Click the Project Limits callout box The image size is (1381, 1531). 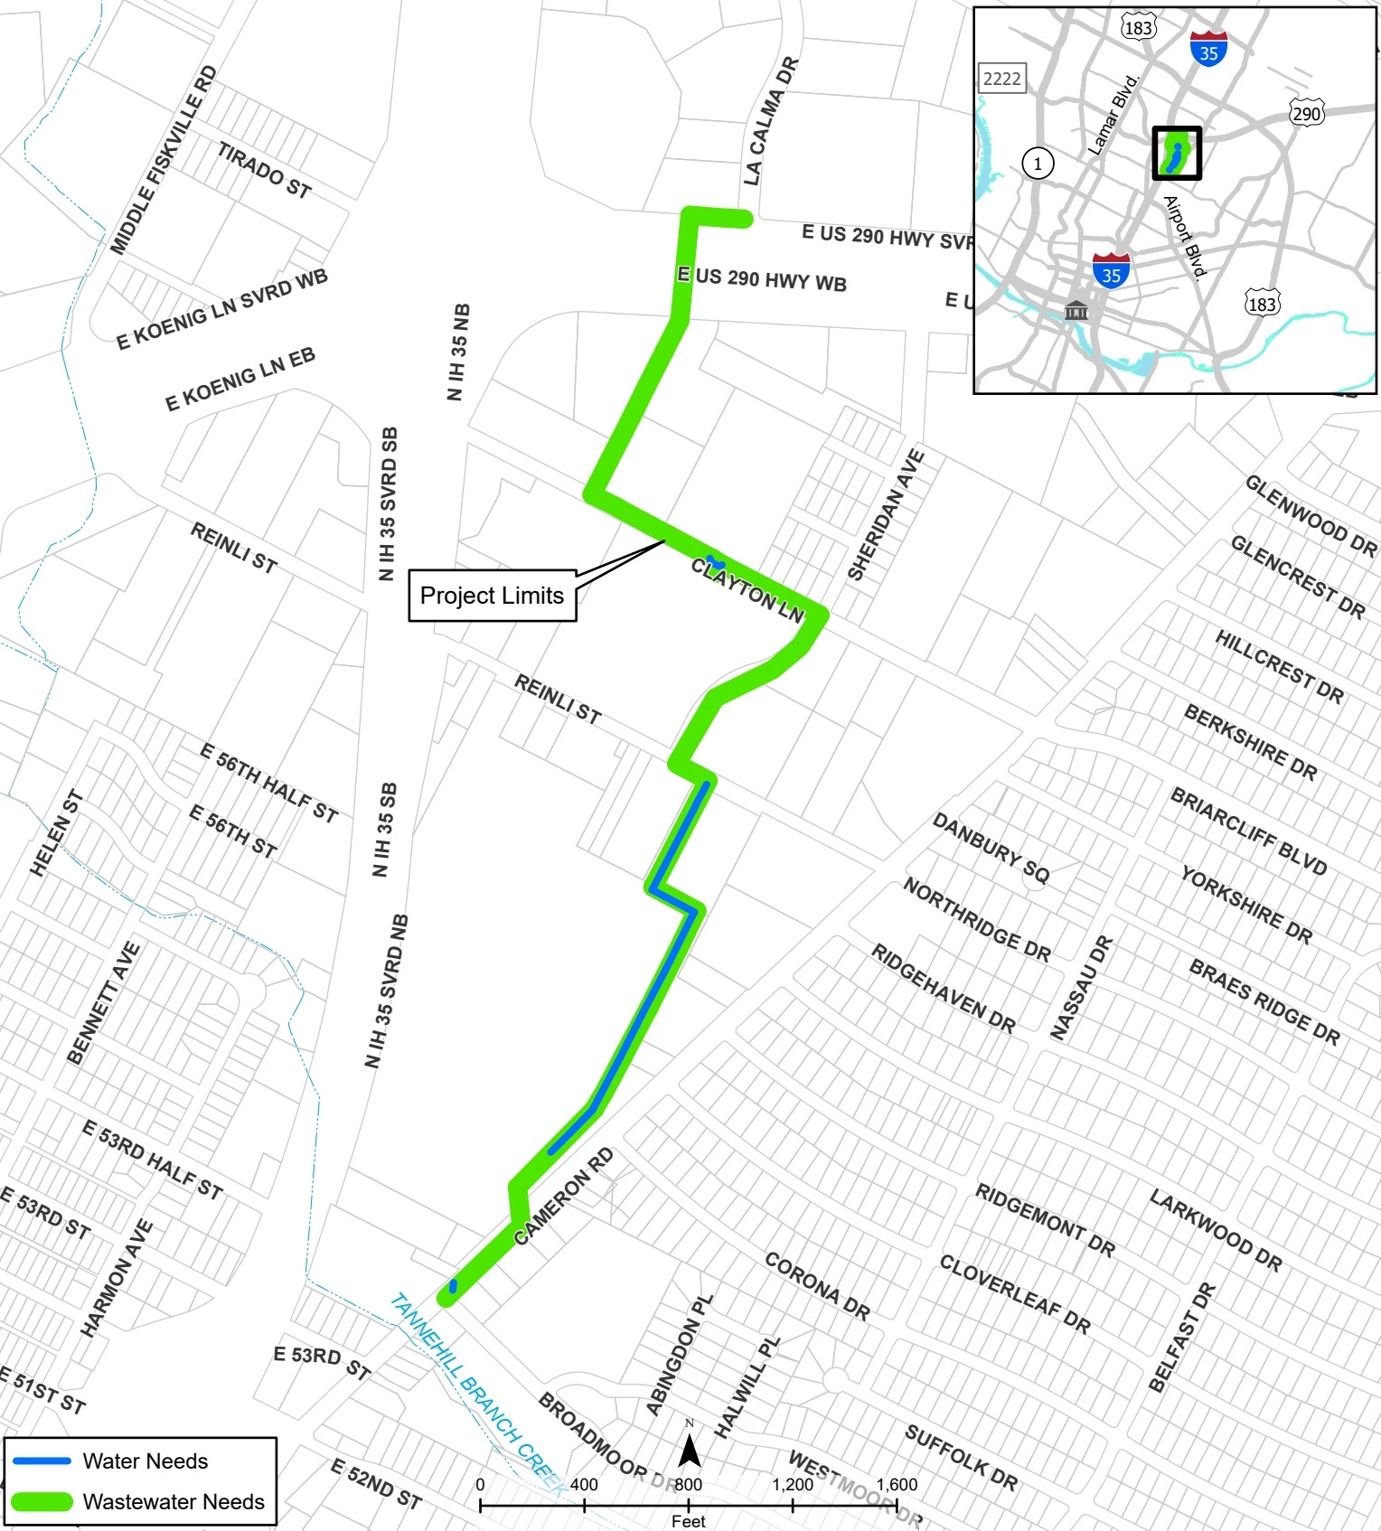coord(492,596)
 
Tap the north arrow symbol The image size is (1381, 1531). coord(690,1451)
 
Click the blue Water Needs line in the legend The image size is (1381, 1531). coord(42,1461)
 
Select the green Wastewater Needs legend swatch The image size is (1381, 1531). coord(42,1501)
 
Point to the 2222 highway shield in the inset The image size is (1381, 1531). coord(1001,79)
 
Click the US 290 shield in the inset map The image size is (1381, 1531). coord(1306,113)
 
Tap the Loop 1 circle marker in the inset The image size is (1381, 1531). coord(1038,164)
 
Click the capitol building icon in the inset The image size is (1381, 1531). coord(1076,310)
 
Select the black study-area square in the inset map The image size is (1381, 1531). coord(1177,153)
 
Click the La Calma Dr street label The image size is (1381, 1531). coord(771,121)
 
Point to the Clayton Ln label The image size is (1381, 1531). coord(747,590)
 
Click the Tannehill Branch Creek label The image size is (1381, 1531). coord(476,1393)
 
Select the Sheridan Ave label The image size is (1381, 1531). coord(886,515)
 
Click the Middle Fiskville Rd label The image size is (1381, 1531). coord(164,160)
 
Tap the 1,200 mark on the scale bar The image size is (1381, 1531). coord(793,1484)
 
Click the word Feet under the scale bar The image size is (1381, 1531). coord(688,1521)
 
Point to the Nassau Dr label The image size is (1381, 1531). coord(1081,987)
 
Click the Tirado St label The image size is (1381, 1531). coord(264,170)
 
